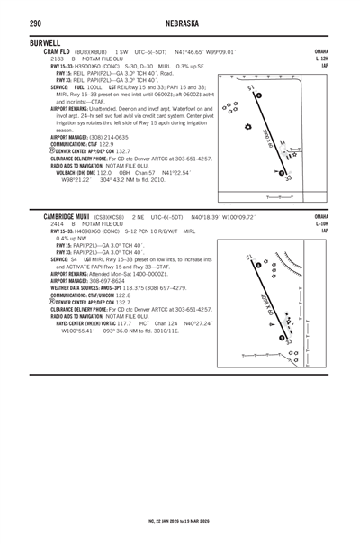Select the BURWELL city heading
tap(46, 42)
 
